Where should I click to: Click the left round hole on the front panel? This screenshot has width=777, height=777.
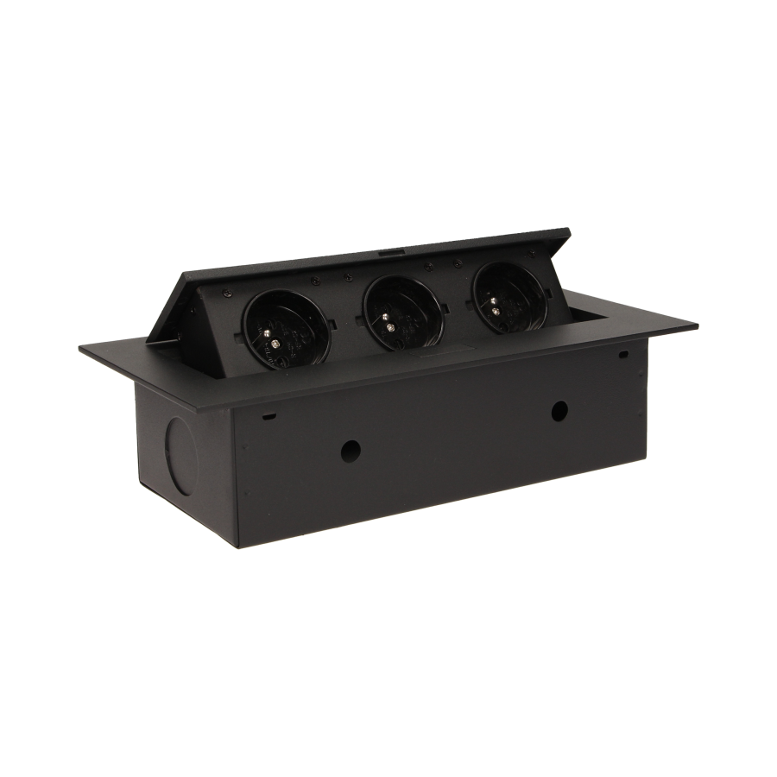point(350,449)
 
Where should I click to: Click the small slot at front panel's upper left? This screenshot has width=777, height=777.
point(269,417)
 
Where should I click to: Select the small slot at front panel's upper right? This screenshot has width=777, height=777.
point(622,354)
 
